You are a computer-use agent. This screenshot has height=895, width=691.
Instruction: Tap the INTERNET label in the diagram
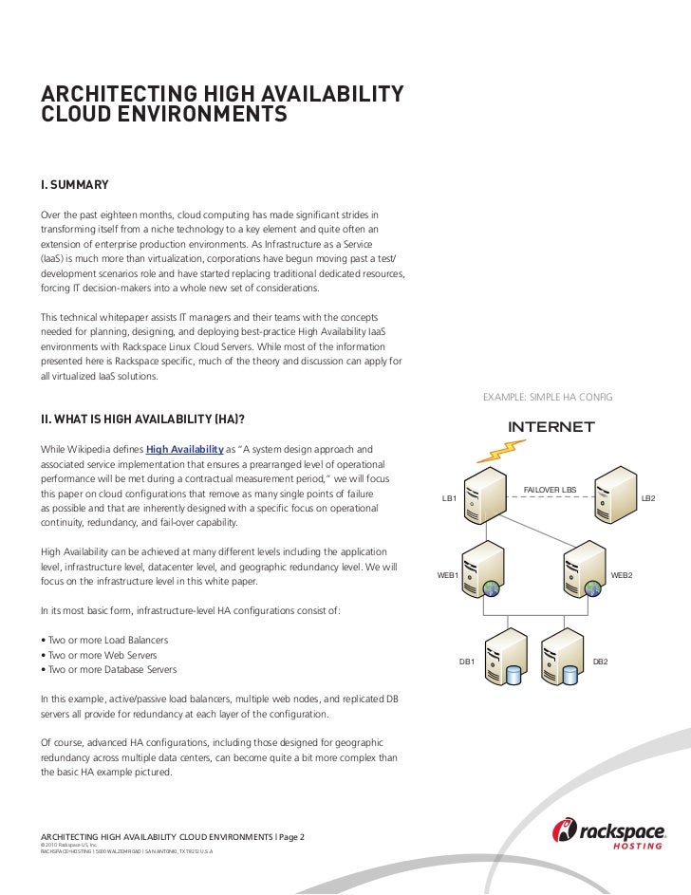(551, 426)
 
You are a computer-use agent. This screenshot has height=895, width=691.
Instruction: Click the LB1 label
(450, 497)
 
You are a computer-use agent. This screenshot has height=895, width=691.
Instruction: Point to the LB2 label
(649, 497)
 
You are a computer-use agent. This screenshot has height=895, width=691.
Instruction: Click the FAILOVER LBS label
(551, 489)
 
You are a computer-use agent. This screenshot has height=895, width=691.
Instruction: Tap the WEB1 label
(447, 575)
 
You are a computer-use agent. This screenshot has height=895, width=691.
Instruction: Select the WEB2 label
(623, 575)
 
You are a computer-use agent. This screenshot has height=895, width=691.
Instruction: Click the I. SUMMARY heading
(74, 183)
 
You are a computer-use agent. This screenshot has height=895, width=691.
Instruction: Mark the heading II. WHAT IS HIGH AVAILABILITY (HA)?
(147, 419)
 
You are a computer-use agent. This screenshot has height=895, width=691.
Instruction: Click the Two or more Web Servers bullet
(100, 655)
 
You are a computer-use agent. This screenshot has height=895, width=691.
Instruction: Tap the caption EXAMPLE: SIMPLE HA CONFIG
(548, 395)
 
